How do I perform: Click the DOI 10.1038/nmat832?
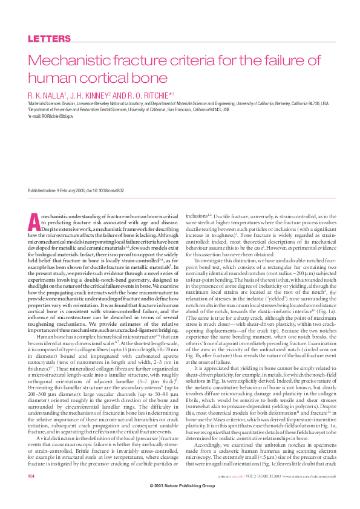pos(107,190)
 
